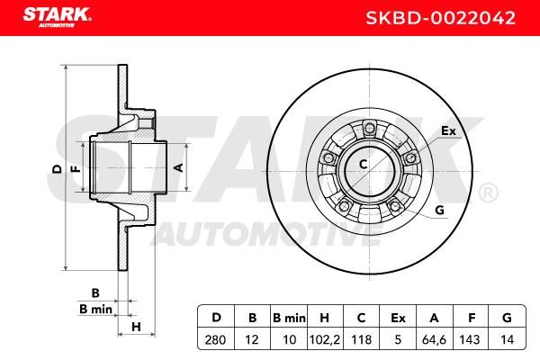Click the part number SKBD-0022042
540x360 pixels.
[x=440, y=18]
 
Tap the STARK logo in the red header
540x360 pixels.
[x=58, y=17]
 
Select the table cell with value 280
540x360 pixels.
[x=216, y=339]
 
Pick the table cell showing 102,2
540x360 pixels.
[x=325, y=339]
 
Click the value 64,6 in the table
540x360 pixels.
[x=434, y=339]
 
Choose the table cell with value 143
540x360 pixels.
[x=470, y=339]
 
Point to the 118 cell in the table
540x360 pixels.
[x=361, y=339]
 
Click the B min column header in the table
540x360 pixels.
[x=289, y=318]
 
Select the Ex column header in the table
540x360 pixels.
[x=398, y=318]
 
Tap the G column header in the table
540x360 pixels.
[x=508, y=318]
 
